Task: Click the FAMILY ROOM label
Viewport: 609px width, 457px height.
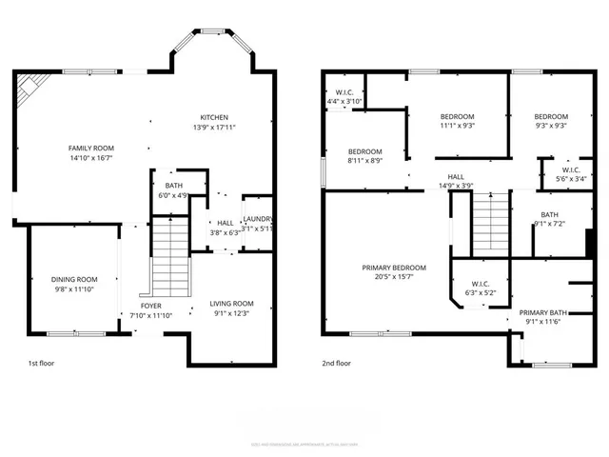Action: (90, 148)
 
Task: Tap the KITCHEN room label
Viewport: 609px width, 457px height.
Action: (213, 117)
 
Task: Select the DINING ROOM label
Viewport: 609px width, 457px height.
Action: (74, 279)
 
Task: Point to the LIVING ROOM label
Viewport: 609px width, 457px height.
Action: (231, 304)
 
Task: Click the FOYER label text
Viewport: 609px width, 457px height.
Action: (150, 306)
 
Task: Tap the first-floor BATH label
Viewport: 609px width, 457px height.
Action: (173, 186)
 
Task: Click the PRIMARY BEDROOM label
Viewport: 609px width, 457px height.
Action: (394, 268)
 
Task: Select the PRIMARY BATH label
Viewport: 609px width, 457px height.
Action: (542, 311)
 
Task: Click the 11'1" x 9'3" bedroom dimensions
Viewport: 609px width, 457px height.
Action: (458, 125)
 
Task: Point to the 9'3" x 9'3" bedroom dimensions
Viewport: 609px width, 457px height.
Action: (550, 125)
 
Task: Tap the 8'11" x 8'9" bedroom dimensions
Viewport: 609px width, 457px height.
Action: (364, 161)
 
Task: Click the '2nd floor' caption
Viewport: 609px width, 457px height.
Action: (337, 363)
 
